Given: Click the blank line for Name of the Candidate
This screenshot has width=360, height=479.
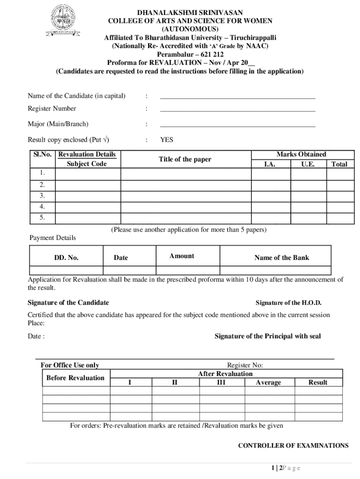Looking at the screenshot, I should [x=238, y=97].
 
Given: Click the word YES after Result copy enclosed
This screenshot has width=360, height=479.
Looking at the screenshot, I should [x=166, y=140].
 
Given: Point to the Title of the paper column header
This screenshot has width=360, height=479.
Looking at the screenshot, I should [x=185, y=160].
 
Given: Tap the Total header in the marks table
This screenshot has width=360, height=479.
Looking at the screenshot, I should [x=339, y=164].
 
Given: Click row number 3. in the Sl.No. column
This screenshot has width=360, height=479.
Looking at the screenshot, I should [x=42, y=196].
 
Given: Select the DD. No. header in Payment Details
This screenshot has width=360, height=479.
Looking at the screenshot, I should [x=66, y=258].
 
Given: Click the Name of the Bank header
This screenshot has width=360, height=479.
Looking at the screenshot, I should [x=281, y=258].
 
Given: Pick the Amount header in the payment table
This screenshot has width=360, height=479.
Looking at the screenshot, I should [x=182, y=256].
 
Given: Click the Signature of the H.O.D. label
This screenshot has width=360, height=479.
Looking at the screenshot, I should [x=288, y=303].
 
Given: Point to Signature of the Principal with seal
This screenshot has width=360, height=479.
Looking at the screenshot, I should [x=267, y=336].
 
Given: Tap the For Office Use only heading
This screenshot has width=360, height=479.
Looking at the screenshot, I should [x=70, y=365].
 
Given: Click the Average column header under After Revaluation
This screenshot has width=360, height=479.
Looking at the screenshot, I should [x=268, y=383].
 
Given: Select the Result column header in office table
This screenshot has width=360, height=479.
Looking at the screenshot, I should [x=318, y=383].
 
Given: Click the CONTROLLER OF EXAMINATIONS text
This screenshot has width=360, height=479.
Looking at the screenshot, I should [x=293, y=446].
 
